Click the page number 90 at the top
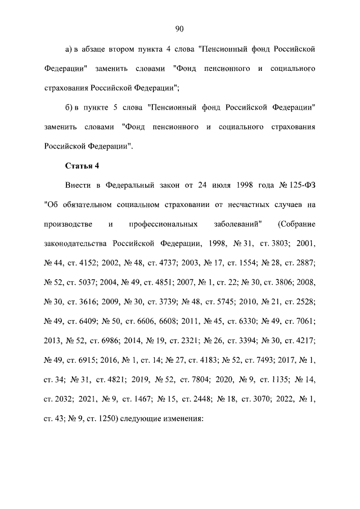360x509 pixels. coord(180,29)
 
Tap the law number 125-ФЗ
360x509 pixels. coord(303,186)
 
